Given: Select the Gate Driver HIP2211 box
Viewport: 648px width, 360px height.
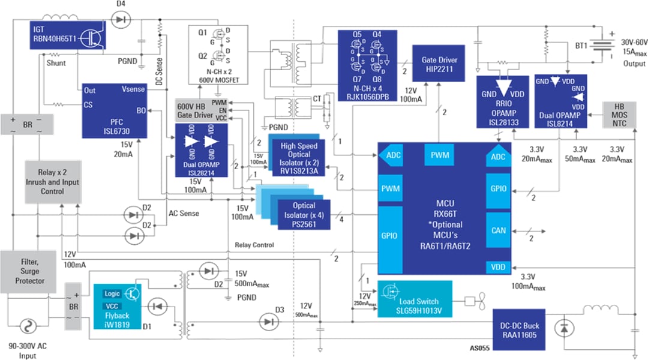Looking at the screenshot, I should click(x=439, y=64).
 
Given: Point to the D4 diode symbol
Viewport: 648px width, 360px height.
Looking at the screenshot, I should click(x=121, y=20).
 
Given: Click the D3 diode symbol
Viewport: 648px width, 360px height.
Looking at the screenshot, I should click(x=268, y=322).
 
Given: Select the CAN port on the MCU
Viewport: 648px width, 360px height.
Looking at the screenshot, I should click(x=498, y=230).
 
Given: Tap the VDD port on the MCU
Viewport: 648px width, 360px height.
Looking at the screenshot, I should click(x=499, y=267).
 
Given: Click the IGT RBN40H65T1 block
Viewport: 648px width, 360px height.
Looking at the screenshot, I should click(x=68, y=36).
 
